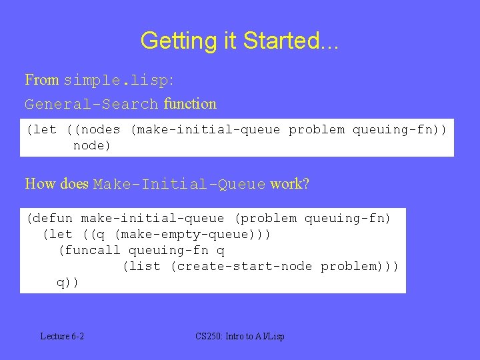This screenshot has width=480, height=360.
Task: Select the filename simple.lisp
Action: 117,81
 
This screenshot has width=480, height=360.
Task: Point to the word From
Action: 42,80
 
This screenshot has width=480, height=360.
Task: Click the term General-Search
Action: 91,104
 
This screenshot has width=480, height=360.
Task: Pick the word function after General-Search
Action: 190,103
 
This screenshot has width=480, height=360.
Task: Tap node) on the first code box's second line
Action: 92,145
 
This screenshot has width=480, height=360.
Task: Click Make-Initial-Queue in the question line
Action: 179,184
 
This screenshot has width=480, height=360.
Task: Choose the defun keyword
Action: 53,218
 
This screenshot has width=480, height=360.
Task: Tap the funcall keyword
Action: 92,250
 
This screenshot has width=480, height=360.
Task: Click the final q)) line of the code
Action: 67,282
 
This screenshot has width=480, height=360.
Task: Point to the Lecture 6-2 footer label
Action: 62,336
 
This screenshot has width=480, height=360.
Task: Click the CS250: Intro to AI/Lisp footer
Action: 240,336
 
